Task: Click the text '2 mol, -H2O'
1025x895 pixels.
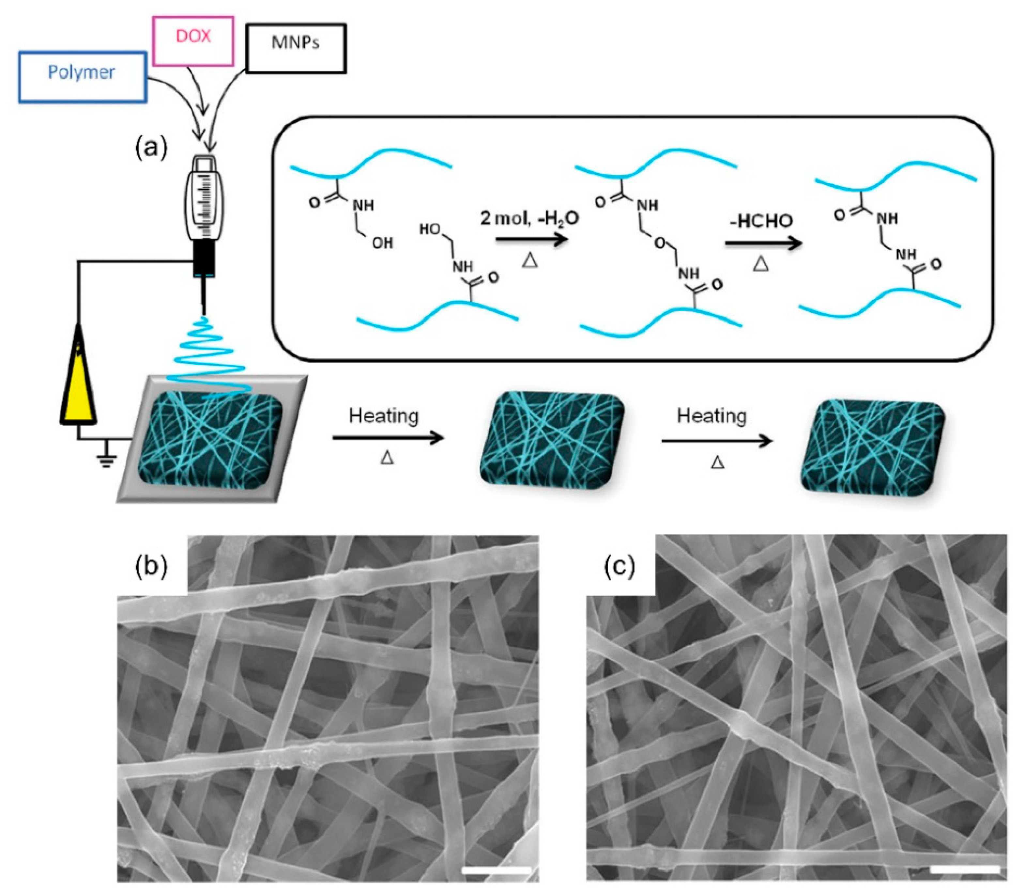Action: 529,219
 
